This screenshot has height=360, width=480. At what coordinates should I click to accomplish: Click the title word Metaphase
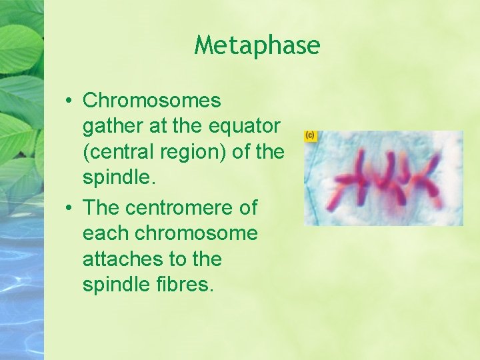(257, 45)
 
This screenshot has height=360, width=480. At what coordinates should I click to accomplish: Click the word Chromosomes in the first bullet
(151, 101)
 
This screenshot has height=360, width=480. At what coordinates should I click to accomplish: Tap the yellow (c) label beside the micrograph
(310, 135)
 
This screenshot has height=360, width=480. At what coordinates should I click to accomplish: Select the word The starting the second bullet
(100, 207)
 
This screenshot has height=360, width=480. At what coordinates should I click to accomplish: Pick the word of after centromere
(247, 207)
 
